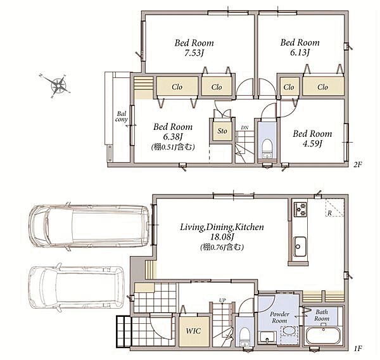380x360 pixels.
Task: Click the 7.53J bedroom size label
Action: (194, 53)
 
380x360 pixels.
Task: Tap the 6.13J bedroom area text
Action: (300, 53)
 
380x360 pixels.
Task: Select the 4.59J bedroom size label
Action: (312, 144)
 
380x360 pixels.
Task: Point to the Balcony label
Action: (122, 117)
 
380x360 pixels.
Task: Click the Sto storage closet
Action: (222, 131)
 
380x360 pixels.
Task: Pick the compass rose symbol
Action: (58, 85)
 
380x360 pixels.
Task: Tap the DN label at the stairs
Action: (244, 127)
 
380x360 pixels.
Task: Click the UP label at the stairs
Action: (222, 300)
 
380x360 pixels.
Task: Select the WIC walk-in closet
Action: (194, 331)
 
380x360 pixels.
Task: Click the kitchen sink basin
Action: (300, 247)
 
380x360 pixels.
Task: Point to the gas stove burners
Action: (300, 209)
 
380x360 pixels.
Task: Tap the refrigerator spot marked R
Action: (329, 214)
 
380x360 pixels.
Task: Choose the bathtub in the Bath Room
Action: (323, 336)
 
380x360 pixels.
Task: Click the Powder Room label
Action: (279, 318)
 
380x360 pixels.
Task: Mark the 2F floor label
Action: (357, 165)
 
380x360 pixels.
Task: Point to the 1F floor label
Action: (357, 349)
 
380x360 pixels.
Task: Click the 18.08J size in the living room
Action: (222, 237)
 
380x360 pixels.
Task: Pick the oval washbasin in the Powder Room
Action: (289, 330)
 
